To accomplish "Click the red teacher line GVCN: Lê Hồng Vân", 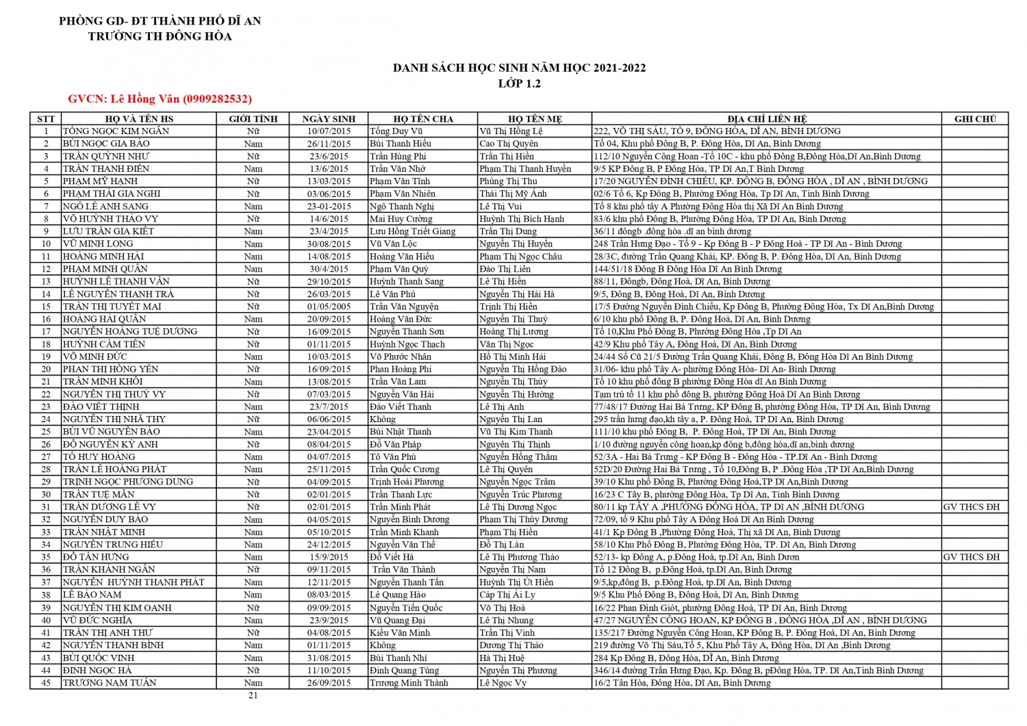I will pos(160,99).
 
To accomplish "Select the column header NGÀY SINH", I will pos(329,119).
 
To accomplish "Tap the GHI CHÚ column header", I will pos(975,119).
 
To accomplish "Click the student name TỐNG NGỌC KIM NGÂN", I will pos(116,131).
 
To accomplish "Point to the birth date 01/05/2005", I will pos(329,307).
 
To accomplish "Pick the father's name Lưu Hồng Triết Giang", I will pos(412,231).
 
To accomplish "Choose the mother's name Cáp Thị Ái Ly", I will pos(507,595).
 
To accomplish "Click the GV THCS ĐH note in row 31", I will pos(971,507).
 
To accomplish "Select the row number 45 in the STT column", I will pos(46,683).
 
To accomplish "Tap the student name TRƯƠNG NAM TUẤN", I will pos(110,683).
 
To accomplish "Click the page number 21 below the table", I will pos(253,695).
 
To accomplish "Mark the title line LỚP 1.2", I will pos(519,83).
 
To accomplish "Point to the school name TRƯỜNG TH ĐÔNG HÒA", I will pos(160,36).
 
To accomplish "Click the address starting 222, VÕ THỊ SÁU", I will pos(717,131).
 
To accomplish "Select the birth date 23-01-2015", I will pos(329,206).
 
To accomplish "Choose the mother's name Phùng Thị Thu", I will pos(508,181).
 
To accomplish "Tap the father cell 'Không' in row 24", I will pos(382,419).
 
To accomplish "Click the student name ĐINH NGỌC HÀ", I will pos(97,671).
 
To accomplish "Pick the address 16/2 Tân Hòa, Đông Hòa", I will pos(682,683).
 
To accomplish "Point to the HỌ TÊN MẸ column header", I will pos(535,119).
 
